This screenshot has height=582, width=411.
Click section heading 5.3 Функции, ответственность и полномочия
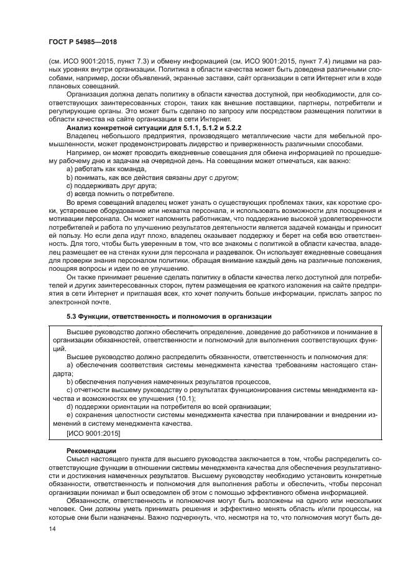click(x=168, y=317)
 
